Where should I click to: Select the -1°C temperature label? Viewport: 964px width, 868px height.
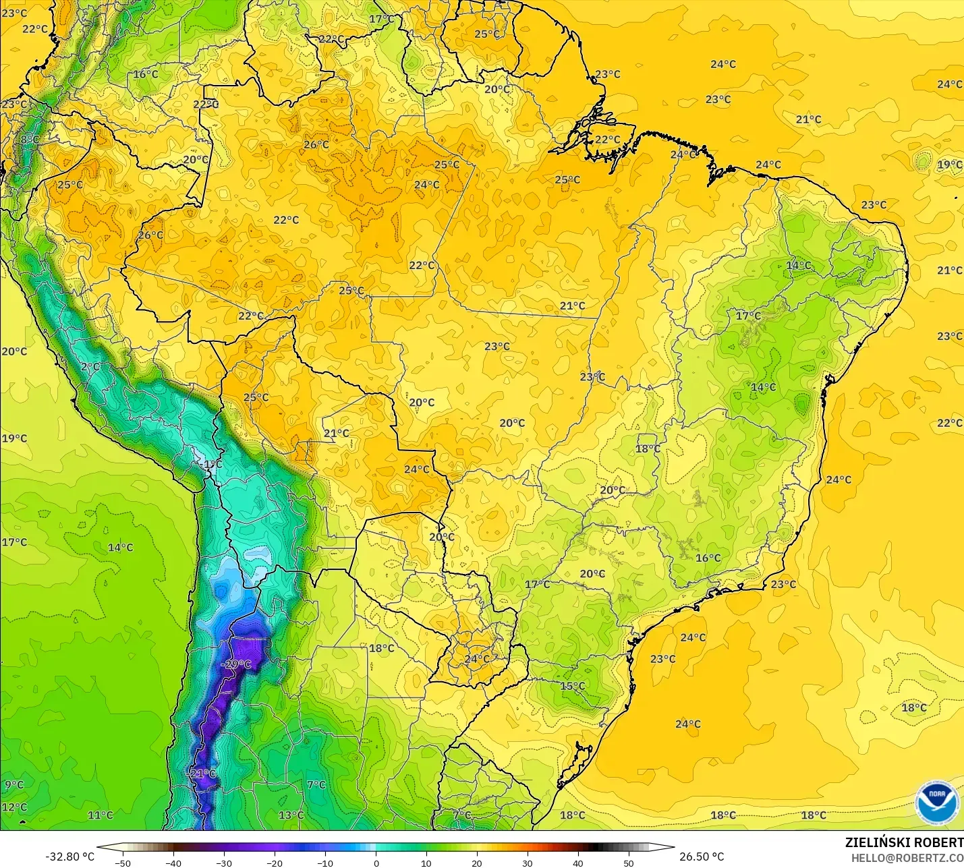click(212, 465)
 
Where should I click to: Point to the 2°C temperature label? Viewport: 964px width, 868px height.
click(90, 367)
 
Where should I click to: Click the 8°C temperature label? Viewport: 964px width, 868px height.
click(29, 140)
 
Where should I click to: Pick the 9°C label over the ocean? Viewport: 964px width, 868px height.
click(14, 784)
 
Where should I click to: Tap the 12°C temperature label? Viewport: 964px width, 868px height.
click(14, 807)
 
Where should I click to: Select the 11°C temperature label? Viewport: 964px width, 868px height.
click(100, 815)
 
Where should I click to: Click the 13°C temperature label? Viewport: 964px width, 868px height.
click(291, 815)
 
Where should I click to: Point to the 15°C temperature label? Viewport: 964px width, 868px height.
click(573, 687)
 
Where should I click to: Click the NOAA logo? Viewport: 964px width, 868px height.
click(937, 803)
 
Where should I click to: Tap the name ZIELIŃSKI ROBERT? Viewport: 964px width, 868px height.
click(904, 842)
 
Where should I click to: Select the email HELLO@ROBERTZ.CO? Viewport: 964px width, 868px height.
click(907, 858)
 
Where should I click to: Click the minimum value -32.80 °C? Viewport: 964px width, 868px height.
click(69, 857)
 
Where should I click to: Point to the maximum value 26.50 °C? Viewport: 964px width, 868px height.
click(702, 857)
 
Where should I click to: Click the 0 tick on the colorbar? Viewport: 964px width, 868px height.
click(376, 863)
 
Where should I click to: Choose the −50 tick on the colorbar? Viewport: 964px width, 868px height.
click(122, 863)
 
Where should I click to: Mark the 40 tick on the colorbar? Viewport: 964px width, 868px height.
click(578, 863)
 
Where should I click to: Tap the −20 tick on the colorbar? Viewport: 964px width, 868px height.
click(274, 863)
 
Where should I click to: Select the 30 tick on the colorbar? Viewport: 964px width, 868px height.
click(528, 863)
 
